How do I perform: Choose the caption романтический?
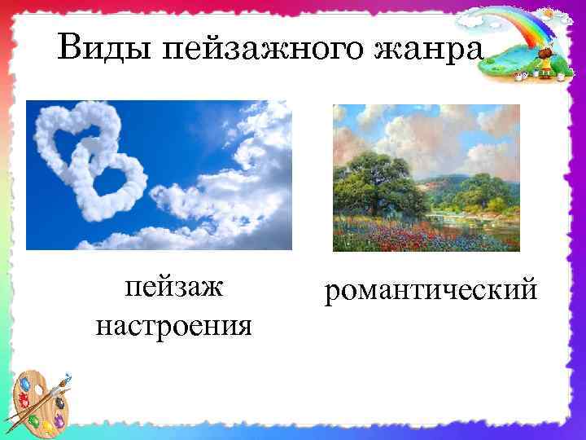point(431,289)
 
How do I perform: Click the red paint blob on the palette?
point(24,402)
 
